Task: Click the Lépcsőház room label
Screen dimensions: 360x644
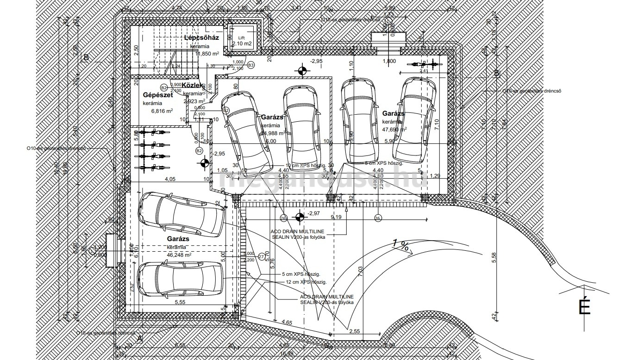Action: coord(201,37)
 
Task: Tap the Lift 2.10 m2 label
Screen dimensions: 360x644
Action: coord(242,42)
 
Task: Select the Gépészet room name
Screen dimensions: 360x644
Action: coord(158,95)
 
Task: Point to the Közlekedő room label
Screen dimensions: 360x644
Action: coord(192,86)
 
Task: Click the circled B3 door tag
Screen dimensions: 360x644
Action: coord(250,65)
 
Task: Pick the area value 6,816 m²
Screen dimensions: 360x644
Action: coord(162,111)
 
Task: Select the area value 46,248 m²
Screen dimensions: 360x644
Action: coord(180,254)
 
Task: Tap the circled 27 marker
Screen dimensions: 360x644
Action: coord(262,256)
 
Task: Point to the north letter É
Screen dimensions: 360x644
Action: coord(585,307)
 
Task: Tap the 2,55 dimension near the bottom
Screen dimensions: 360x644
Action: coord(355,331)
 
